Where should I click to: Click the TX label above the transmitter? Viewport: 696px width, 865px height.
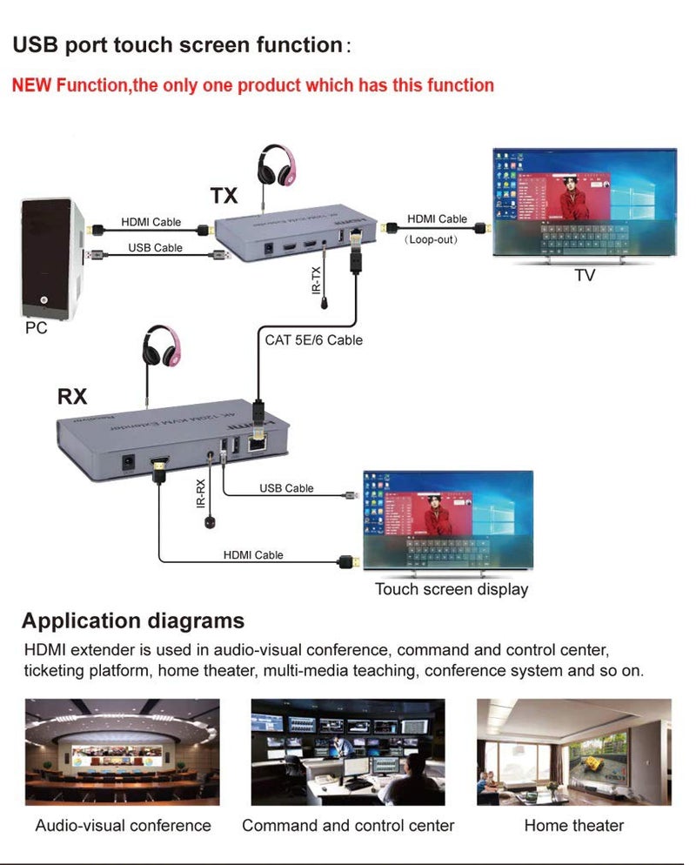(x=224, y=195)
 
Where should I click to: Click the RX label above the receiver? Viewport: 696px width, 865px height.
(x=73, y=396)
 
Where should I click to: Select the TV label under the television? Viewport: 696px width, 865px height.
(x=585, y=276)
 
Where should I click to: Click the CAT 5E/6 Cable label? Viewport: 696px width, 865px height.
(x=313, y=340)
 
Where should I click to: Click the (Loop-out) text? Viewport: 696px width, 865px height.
(x=432, y=238)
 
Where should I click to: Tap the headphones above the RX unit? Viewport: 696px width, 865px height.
(x=163, y=347)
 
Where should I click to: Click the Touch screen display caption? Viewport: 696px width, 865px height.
(x=452, y=589)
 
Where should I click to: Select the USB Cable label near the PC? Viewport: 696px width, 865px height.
(x=155, y=247)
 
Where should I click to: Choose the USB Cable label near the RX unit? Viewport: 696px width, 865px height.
(x=286, y=488)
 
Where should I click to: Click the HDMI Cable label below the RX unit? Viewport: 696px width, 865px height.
(x=253, y=554)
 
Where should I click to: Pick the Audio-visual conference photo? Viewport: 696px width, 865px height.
(x=122, y=751)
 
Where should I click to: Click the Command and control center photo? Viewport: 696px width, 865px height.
(x=348, y=751)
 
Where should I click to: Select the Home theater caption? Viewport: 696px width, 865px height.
(x=573, y=825)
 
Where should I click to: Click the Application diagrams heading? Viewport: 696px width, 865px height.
(x=133, y=621)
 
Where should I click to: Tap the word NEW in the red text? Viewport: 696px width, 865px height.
(x=32, y=85)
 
